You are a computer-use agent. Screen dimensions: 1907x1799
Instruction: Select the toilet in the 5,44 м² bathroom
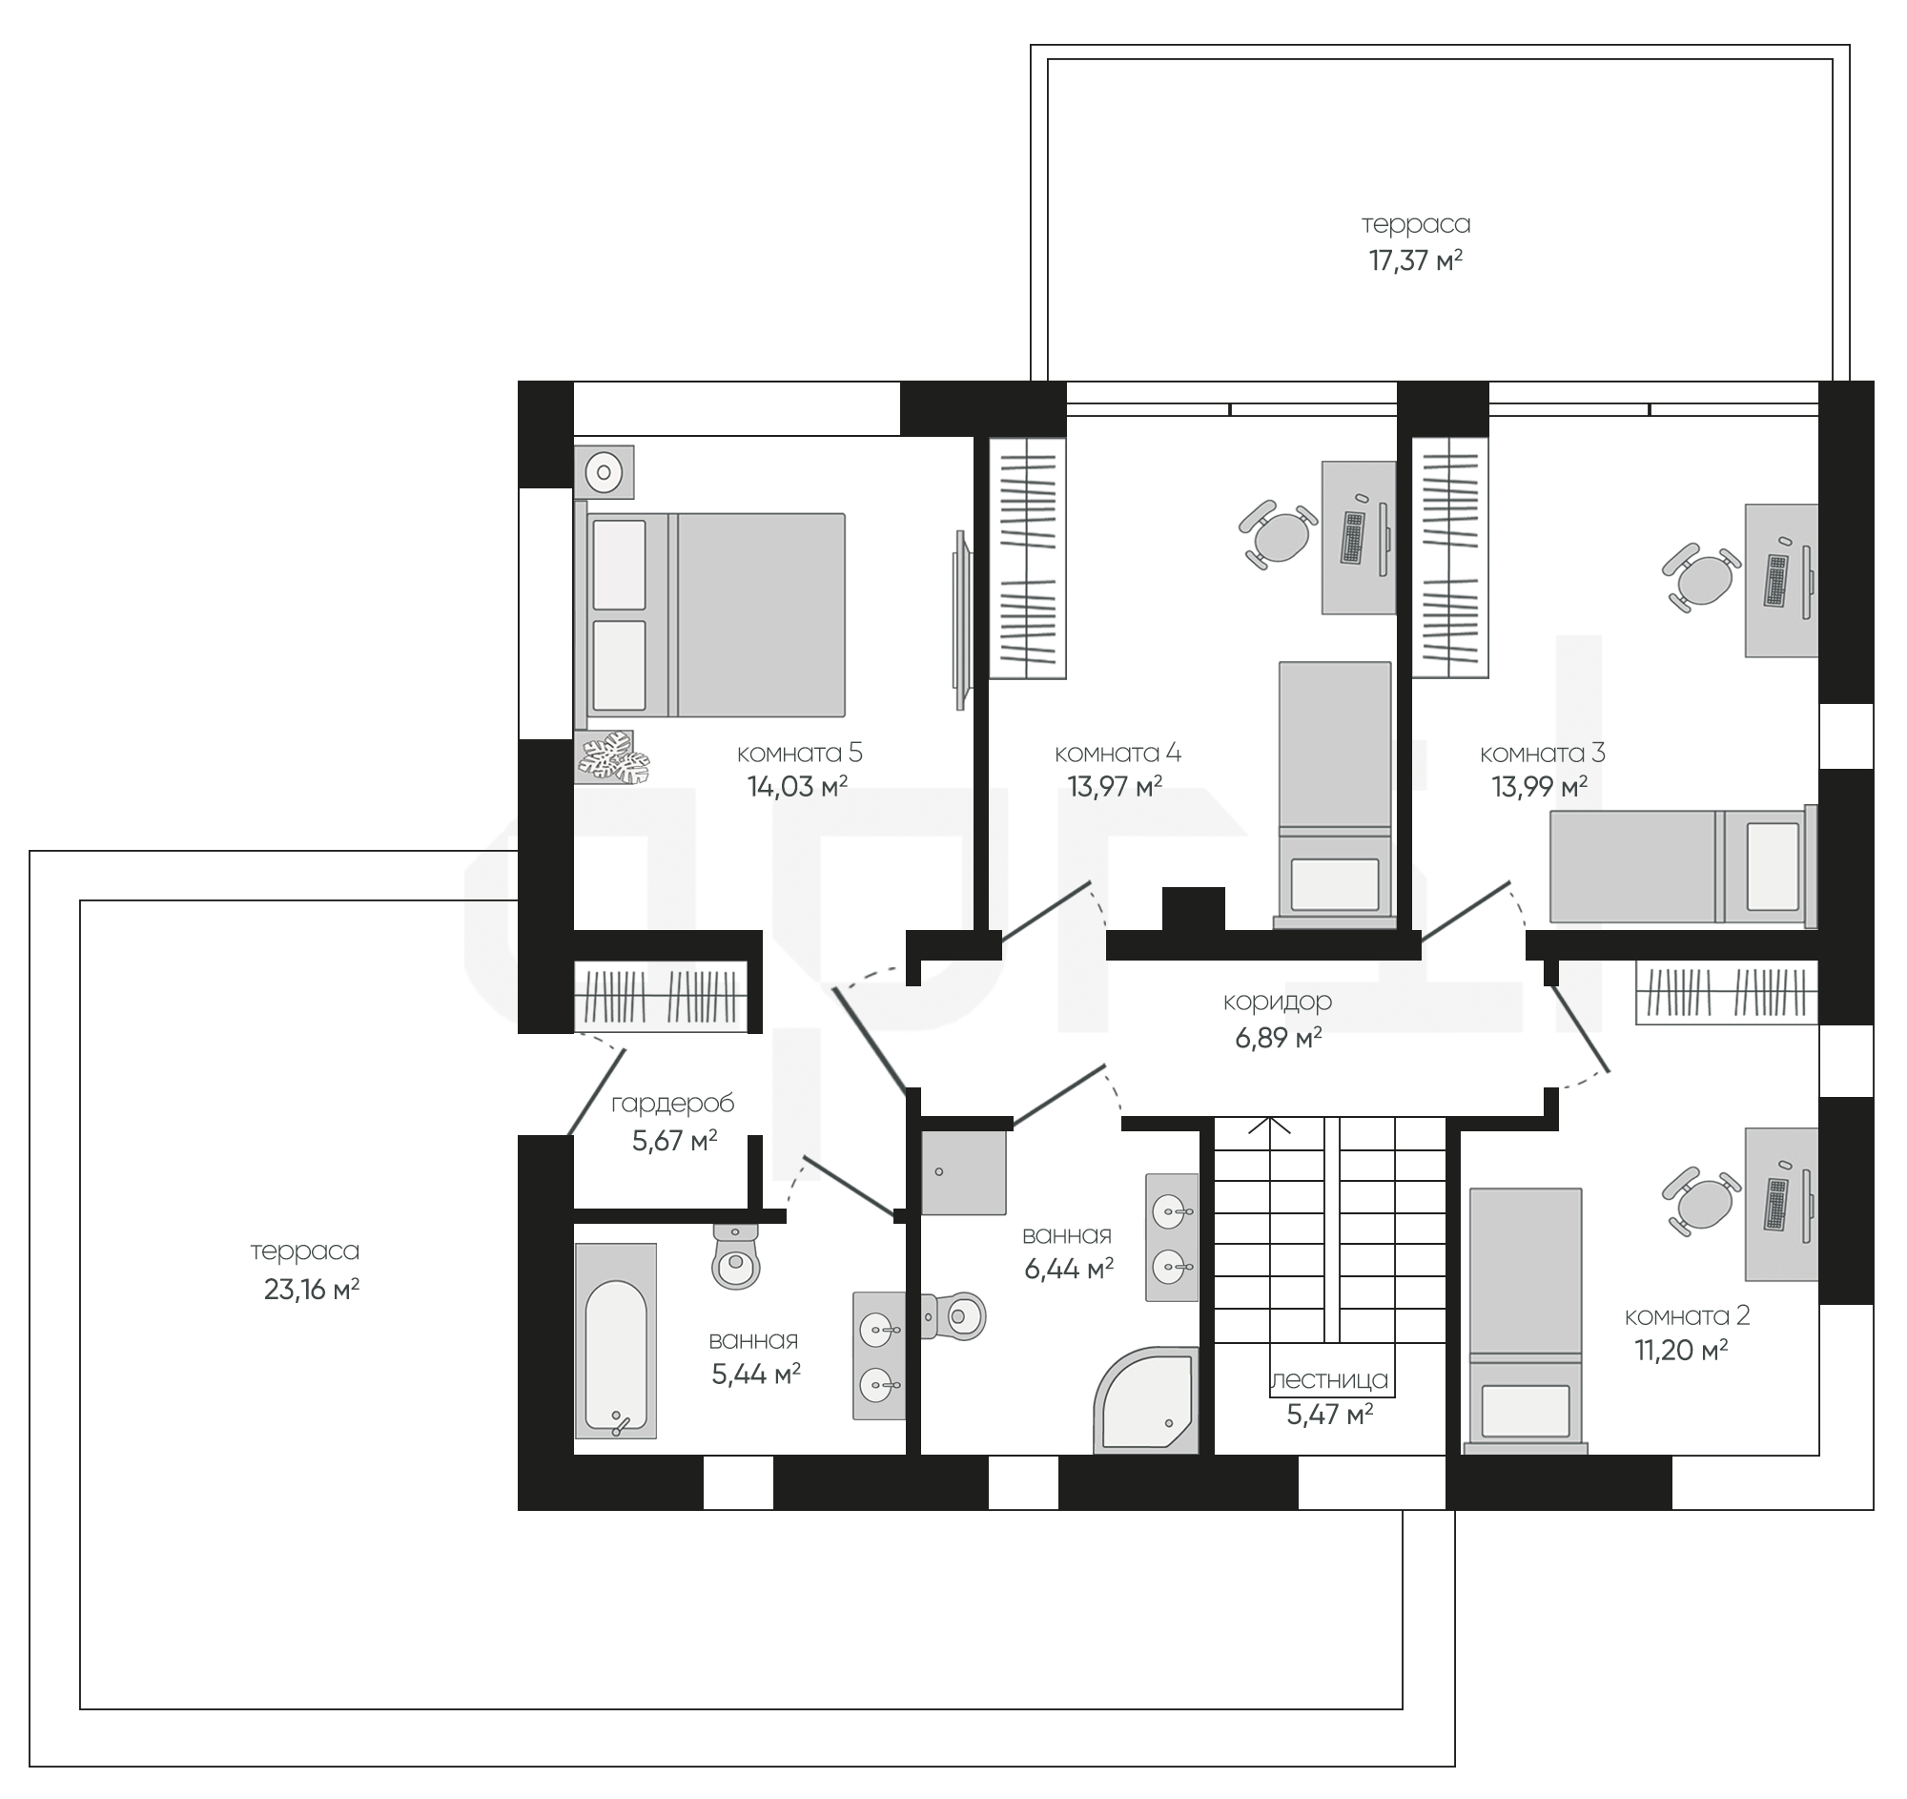736,1255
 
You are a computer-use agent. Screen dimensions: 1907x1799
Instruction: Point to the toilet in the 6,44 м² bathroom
953,1315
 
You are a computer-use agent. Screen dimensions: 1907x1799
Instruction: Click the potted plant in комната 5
612,758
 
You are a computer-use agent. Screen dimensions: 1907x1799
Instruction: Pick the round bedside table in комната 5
605,471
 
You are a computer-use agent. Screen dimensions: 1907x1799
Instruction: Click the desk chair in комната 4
1279,534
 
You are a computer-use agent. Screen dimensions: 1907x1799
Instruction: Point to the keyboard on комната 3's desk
1775,582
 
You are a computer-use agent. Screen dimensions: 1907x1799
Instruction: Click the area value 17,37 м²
1415,260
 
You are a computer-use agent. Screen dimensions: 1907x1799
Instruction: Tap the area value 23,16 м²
312,1290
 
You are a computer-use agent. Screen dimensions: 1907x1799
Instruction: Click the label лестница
1329,1379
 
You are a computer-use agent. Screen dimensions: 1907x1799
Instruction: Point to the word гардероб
672,1105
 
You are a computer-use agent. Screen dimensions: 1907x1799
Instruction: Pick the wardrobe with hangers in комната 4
1027,558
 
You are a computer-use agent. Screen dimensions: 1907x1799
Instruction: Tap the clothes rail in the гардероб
661,996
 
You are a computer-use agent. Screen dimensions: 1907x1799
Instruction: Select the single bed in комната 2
1526,1318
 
